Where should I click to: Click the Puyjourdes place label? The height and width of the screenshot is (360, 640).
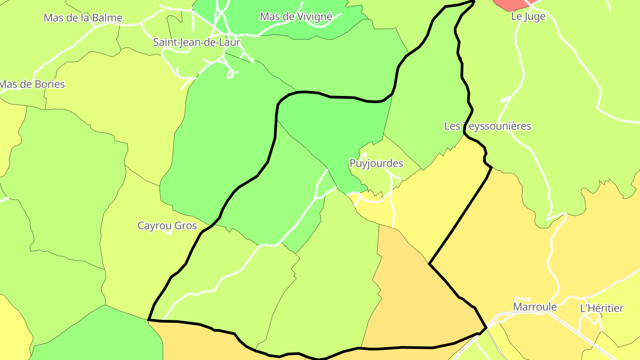pyautogui.click(x=376, y=164)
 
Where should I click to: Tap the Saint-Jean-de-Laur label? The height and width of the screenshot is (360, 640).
pyautogui.click(x=196, y=43)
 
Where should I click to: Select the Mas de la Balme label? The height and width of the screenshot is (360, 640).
pyautogui.click(x=83, y=18)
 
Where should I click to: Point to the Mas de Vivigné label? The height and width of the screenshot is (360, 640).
pyautogui.click(x=296, y=17)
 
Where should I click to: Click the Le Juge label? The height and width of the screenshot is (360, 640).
pyautogui.click(x=528, y=17)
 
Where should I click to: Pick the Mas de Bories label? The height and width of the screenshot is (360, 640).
pyautogui.click(x=32, y=84)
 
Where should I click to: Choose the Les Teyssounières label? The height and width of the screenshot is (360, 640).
pyautogui.click(x=488, y=126)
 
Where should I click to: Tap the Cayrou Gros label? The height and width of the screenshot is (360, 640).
pyautogui.click(x=167, y=226)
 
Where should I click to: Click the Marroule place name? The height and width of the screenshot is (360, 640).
pyautogui.click(x=535, y=307)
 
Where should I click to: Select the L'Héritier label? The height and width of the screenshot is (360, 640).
pyautogui.click(x=602, y=308)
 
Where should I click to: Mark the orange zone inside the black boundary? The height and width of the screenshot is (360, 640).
pyautogui.click(x=413, y=302)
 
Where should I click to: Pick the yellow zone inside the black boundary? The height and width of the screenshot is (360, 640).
pyautogui.click(x=436, y=200)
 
